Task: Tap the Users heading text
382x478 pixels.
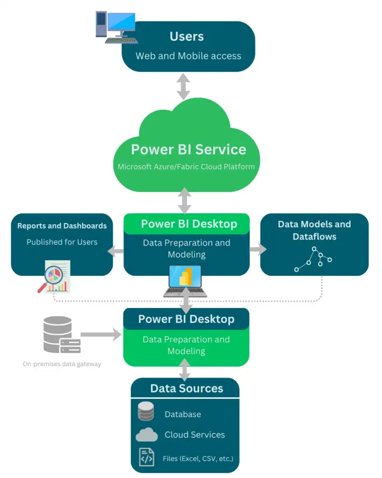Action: [187, 36]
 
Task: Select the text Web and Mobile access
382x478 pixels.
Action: [188, 56]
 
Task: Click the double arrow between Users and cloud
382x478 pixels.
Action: [183, 86]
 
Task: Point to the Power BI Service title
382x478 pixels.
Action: [188, 149]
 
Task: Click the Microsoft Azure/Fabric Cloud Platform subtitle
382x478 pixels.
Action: [186, 167]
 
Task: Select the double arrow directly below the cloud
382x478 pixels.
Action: [185, 201]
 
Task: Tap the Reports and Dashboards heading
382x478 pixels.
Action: [62, 226]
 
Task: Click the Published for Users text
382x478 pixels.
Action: [62, 242]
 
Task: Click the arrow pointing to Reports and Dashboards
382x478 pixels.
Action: [116, 251]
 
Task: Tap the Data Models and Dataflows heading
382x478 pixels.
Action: [314, 230]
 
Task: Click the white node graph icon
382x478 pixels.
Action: [313, 260]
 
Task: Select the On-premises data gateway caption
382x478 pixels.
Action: [62, 364]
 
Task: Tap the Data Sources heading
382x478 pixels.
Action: [187, 388]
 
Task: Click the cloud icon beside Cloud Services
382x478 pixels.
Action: [146, 435]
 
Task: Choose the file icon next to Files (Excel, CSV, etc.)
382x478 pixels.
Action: [146, 457]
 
